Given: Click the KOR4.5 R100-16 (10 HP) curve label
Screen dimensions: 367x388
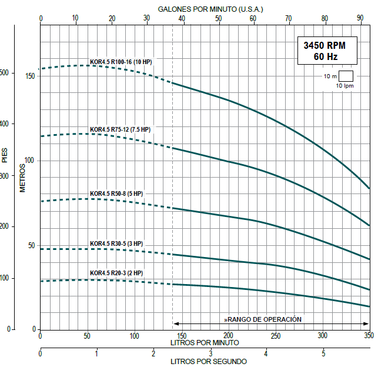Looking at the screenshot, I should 121,62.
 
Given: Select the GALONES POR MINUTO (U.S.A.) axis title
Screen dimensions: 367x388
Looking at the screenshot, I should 211,9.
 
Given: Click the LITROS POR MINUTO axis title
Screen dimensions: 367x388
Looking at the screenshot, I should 205,342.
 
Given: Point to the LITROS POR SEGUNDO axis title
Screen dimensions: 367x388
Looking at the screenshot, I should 209,361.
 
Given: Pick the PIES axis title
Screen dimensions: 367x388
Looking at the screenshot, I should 5,155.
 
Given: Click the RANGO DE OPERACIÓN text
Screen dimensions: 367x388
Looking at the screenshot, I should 263,319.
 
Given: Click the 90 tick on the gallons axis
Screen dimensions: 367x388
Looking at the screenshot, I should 360,19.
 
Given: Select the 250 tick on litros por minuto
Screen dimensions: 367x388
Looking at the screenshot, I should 275,335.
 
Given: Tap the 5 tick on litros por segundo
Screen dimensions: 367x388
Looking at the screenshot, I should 323,353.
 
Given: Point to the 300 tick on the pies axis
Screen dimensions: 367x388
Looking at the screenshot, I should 5,175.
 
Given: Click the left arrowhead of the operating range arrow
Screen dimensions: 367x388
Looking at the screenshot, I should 176,323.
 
